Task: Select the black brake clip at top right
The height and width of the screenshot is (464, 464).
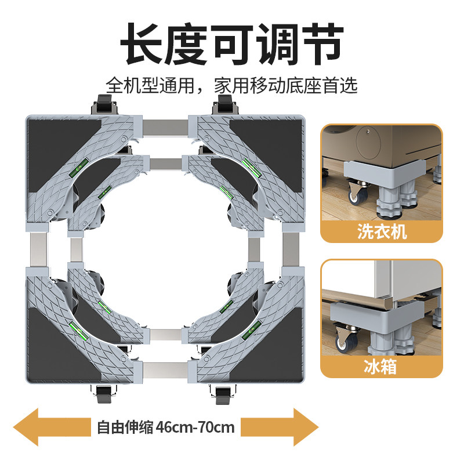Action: tap(223, 107)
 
